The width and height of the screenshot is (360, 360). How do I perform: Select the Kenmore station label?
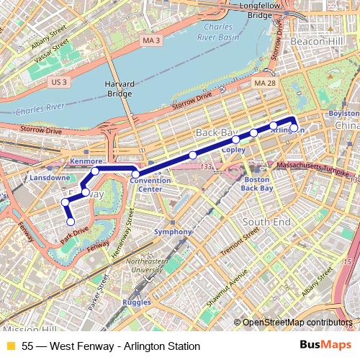[87, 161]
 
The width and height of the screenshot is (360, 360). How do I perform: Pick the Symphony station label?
[173, 232]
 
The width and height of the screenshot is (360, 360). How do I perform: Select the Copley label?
[234, 150]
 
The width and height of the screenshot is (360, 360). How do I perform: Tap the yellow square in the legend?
[10, 346]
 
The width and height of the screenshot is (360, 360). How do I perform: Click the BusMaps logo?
[325, 346]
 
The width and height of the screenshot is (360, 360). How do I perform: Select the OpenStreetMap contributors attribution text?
[296, 323]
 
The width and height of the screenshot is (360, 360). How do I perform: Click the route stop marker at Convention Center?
[135, 174]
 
